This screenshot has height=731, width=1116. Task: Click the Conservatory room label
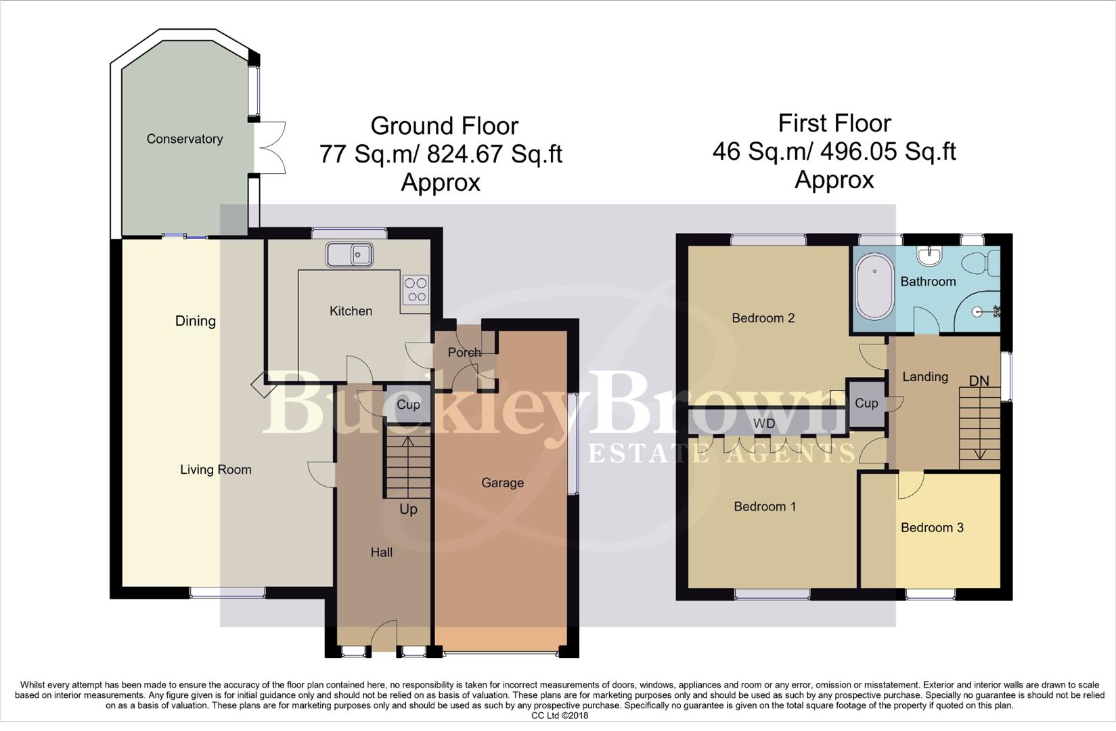point(184,139)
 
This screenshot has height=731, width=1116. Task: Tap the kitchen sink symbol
point(349,254)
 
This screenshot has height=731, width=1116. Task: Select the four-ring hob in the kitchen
point(416,290)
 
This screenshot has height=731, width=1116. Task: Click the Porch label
point(464,352)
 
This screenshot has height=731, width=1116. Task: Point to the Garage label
point(502,483)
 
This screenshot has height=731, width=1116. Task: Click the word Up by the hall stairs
point(408,509)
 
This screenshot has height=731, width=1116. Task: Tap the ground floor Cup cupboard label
point(408,405)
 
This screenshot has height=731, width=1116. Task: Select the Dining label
point(195,321)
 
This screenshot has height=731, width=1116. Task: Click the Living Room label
point(215,469)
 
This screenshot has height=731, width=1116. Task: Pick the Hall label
point(381,552)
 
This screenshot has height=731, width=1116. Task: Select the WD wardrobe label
point(764,423)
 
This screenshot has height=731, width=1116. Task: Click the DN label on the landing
point(979,380)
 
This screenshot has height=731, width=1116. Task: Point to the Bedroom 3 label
point(932,527)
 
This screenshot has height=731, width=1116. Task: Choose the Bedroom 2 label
point(763,317)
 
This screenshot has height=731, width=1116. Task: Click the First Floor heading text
point(834,123)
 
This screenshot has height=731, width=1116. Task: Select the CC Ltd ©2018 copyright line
point(559,715)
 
